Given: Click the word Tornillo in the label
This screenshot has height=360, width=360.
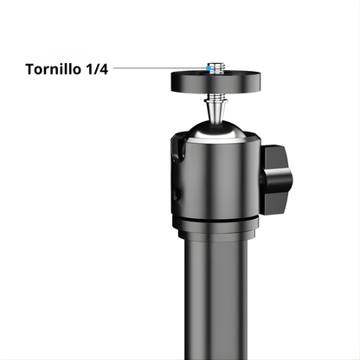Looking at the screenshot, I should coord(52,67).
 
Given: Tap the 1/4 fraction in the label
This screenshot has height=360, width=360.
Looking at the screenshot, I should coord(96,67).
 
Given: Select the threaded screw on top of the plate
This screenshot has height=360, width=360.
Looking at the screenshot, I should coord(213,68).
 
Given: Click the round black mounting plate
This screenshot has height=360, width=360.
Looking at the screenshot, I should coord(213,83).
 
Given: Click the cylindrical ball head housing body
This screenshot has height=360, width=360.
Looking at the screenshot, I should coord(216,177).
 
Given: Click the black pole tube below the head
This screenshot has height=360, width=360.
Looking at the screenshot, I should coord(216,294).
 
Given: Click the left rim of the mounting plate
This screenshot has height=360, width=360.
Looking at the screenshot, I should coord(173,82).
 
